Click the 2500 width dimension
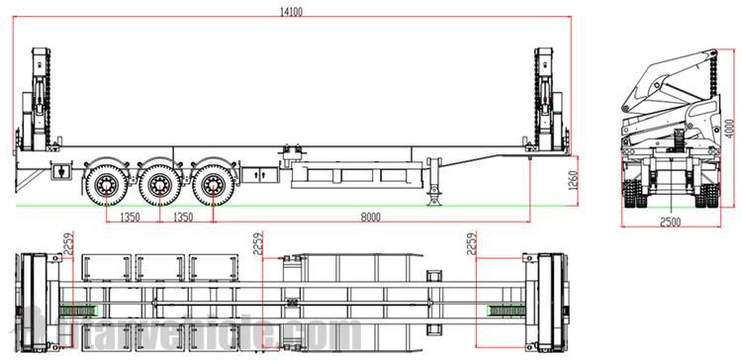pos(674,220)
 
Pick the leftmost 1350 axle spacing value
pos(129,217)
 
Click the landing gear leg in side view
pos(432,183)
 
